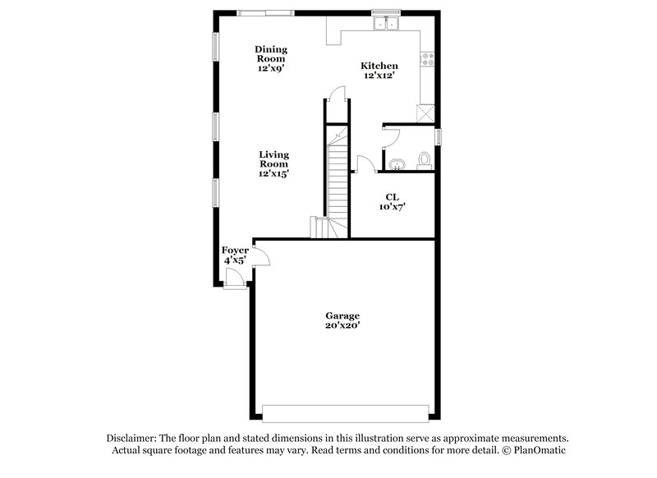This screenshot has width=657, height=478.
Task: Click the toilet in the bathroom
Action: [425, 159]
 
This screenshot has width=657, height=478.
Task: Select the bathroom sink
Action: [397, 163]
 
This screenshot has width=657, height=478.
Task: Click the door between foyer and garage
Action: [262, 258]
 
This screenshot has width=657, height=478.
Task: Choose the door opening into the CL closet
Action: [364, 163]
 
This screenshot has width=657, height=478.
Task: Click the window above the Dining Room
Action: [265, 12]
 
